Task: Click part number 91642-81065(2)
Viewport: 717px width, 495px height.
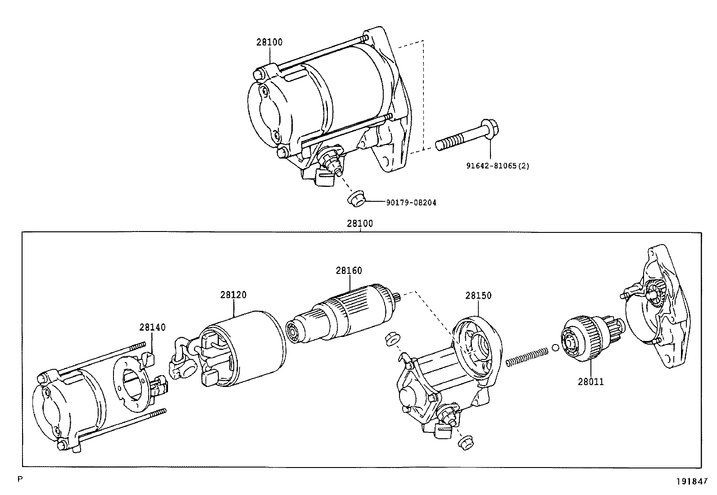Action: click(x=497, y=166)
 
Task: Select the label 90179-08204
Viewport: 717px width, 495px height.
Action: click(x=411, y=203)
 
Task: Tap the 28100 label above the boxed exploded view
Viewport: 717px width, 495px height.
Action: click(x=360, y=223)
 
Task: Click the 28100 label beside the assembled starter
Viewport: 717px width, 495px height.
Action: click(x=269, y=42)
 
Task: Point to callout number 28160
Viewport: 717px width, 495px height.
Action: click(x=349, y=271)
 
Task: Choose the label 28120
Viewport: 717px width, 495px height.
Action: click(x=233, y=295)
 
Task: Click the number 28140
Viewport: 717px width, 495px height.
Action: click(x=152, y=327)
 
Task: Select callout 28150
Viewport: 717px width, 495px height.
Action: click(x=478, y=296)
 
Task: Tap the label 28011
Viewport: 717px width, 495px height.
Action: click(x=591, y=382)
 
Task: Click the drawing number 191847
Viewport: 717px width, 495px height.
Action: click(x=692, y=481)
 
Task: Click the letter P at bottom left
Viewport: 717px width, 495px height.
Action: click(x=19, y=479)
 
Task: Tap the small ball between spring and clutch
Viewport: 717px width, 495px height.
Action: click(x=555, y=348)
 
